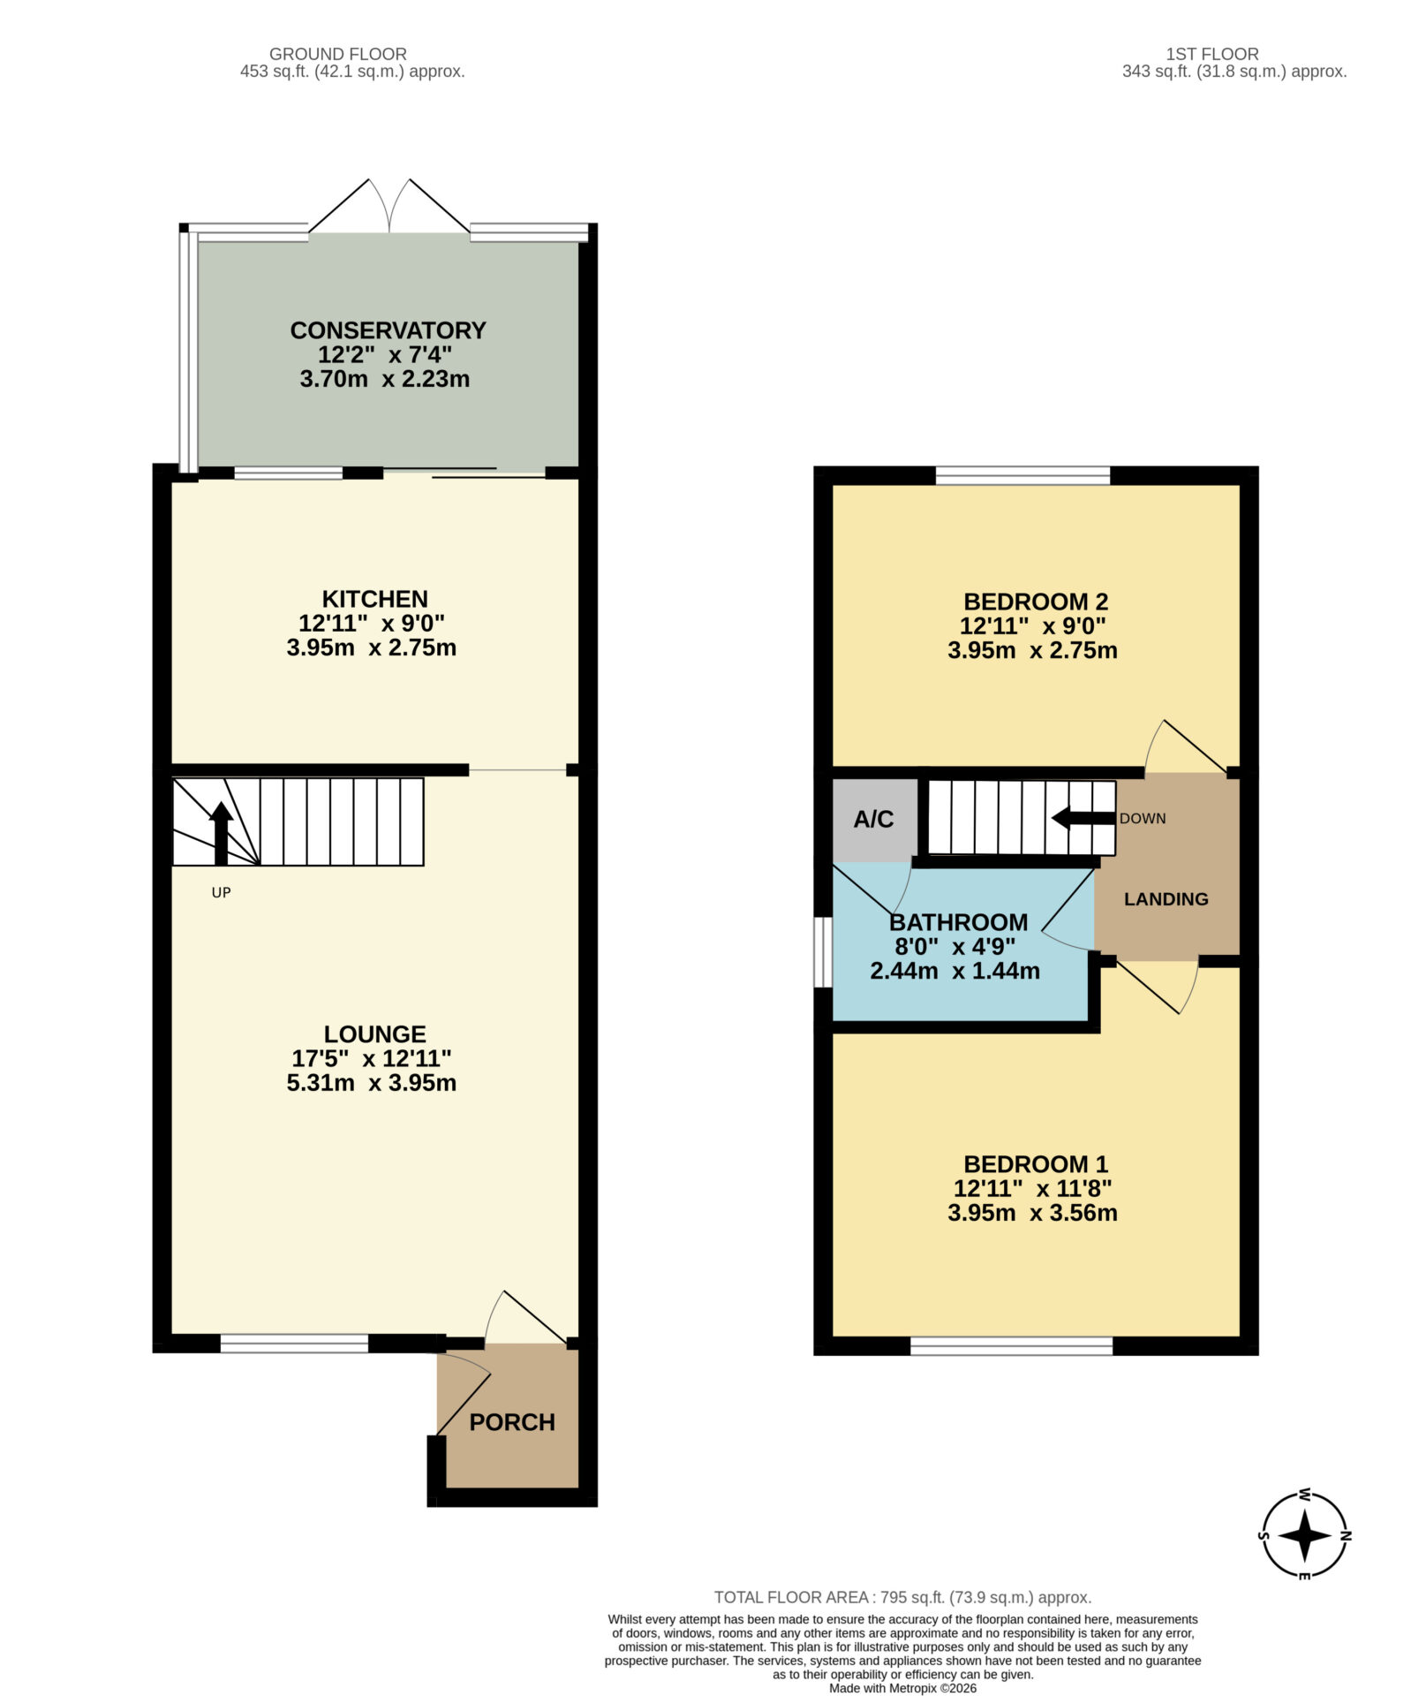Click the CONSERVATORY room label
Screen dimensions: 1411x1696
(388, 330)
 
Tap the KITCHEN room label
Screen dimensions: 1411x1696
(374, 599)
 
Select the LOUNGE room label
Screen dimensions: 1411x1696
(374, 1033)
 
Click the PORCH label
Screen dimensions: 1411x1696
(512, 1422)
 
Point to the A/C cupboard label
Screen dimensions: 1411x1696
(873, 819)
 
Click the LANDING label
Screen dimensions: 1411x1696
(1166, 899)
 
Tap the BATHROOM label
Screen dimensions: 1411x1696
(958, 922)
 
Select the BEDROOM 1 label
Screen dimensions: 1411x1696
(1036, 1164)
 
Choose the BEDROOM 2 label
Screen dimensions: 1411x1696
(1036, 602)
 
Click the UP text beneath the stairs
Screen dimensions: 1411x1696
(221, 892)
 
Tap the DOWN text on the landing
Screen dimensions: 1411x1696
(1143, 819)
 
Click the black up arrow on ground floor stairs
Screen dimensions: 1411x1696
(221, 833)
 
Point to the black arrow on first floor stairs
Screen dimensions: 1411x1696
(1083, 819)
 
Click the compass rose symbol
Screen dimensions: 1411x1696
(1304, 1535)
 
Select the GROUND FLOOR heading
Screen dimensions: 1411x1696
(338, 54)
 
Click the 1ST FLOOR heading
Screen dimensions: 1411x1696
(1212, 54)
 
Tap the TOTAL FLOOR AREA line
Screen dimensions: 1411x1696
(902, 1597)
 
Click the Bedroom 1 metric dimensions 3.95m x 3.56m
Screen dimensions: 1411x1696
(1032, 1213)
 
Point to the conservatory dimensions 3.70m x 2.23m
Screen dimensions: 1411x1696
(385, 379)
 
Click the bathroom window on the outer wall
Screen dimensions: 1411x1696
(822, 951)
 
